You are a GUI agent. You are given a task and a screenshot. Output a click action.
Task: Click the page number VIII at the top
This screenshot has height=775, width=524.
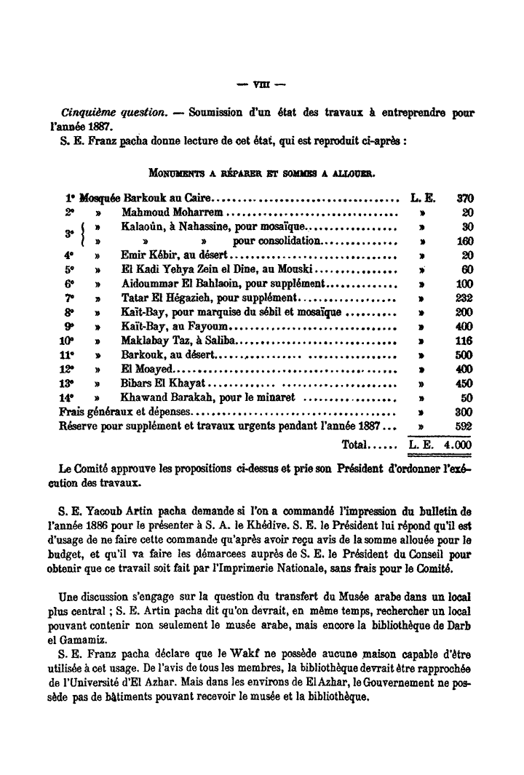click(262, 82)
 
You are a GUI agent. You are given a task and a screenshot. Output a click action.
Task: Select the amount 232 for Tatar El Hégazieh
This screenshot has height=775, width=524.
click(464, 298)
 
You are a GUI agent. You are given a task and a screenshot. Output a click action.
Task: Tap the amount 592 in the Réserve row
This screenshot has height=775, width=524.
click(464, 426)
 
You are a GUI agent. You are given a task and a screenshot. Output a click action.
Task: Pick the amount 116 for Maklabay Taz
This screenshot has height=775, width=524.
click(464, 341)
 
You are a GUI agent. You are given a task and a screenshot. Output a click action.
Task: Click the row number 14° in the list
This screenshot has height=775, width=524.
click(68, 398)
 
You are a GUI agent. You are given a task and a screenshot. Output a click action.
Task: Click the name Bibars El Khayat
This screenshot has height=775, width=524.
click(162, 383)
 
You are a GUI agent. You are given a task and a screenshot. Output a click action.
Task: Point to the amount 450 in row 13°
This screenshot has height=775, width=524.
click(464, 383)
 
